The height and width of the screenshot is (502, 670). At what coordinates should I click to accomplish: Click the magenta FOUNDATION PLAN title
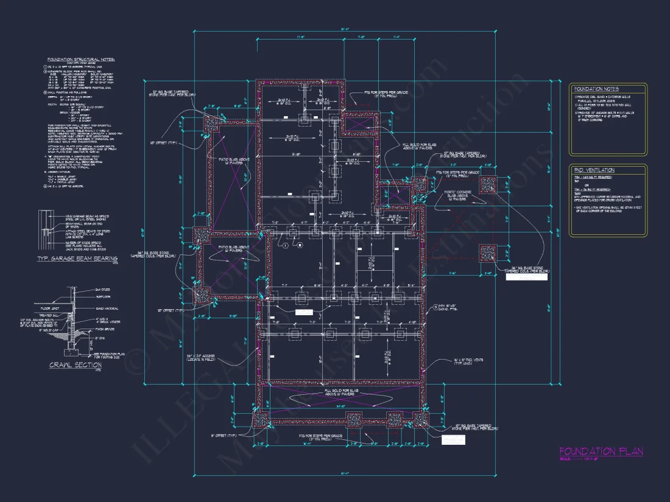tap(601, 451)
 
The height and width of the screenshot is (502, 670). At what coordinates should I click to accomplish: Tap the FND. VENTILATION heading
tap(594, 170)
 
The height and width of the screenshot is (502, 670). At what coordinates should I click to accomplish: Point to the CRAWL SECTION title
tap(76, 365)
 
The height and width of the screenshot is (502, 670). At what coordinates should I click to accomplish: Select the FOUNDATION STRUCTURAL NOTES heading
tap(81, 59)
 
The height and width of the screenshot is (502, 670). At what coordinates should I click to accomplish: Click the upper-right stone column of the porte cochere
tap(488, 185)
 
